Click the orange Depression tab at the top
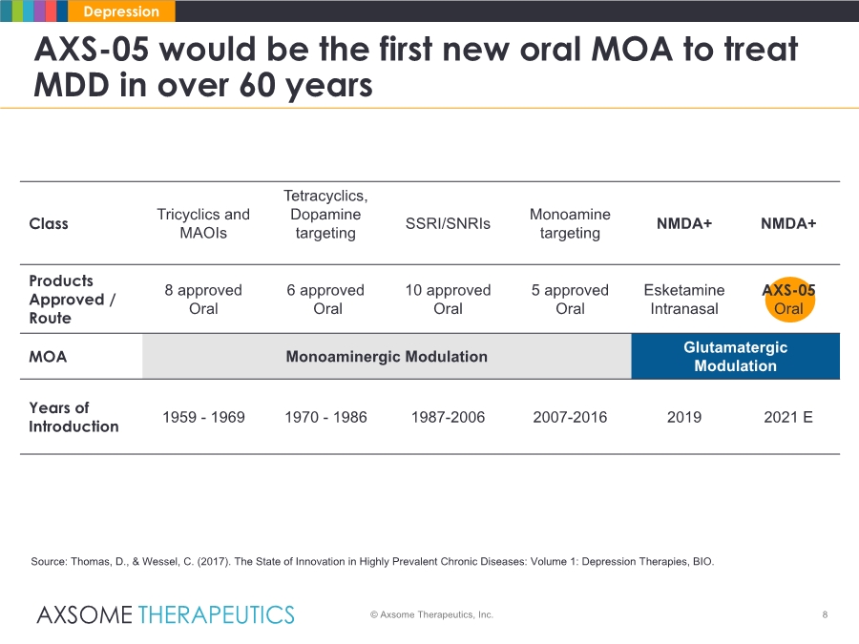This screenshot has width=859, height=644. (121, 10)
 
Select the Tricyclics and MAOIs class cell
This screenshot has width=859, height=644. (203, 223)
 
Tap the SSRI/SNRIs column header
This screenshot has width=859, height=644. (448, 223)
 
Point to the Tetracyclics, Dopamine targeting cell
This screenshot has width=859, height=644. (325, 214)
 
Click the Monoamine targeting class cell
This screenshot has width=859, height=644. (570, 223)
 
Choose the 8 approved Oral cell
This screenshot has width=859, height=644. (203, 299)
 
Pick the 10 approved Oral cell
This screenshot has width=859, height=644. (448, 299)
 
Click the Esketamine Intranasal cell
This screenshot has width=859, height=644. (684, 299)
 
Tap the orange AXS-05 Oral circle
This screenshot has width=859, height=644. (789, 299)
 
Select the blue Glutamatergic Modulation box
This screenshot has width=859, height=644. (735, 357)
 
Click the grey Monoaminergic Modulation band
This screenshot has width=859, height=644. (387, 357)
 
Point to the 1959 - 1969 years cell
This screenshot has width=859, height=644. (203, 417)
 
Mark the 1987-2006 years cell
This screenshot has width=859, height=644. (448, 417)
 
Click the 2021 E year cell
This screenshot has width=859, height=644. (788, 417)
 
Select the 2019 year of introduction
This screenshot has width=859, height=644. (684, 417)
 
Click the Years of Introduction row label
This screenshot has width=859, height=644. (73, 417)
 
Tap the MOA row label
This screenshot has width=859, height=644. (48, 357)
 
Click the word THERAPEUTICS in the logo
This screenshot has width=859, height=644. (216, 615)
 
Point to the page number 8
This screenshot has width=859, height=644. (825, 615)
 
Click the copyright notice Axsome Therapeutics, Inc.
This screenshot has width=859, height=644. (431, 615)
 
